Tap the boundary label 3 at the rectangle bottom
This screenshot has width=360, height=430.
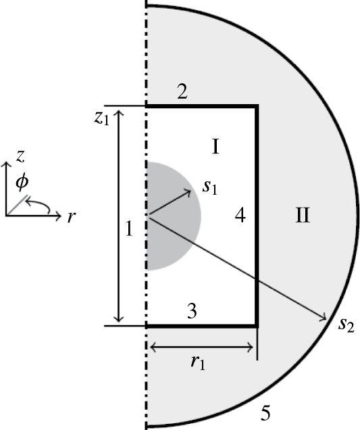click(191, 312)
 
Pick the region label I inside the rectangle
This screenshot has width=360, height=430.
click(215, 147)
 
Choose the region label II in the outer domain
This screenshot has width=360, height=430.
click(302, 216)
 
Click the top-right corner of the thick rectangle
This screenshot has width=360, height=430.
click(257, 106)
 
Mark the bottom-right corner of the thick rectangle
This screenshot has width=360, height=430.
click(257, 325)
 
